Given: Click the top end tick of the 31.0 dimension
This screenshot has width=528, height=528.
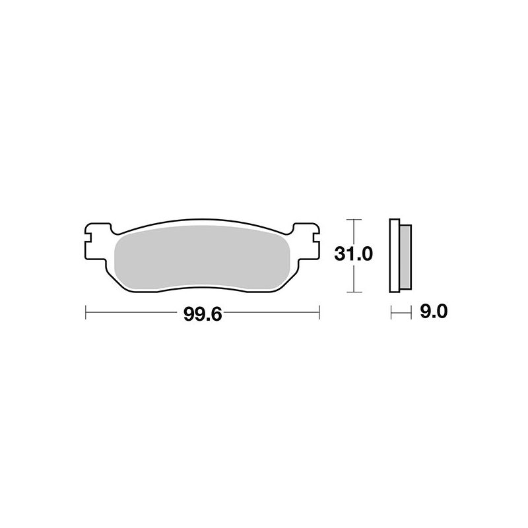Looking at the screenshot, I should point(355,218).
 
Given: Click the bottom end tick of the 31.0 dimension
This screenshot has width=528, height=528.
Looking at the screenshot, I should point(355,291).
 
